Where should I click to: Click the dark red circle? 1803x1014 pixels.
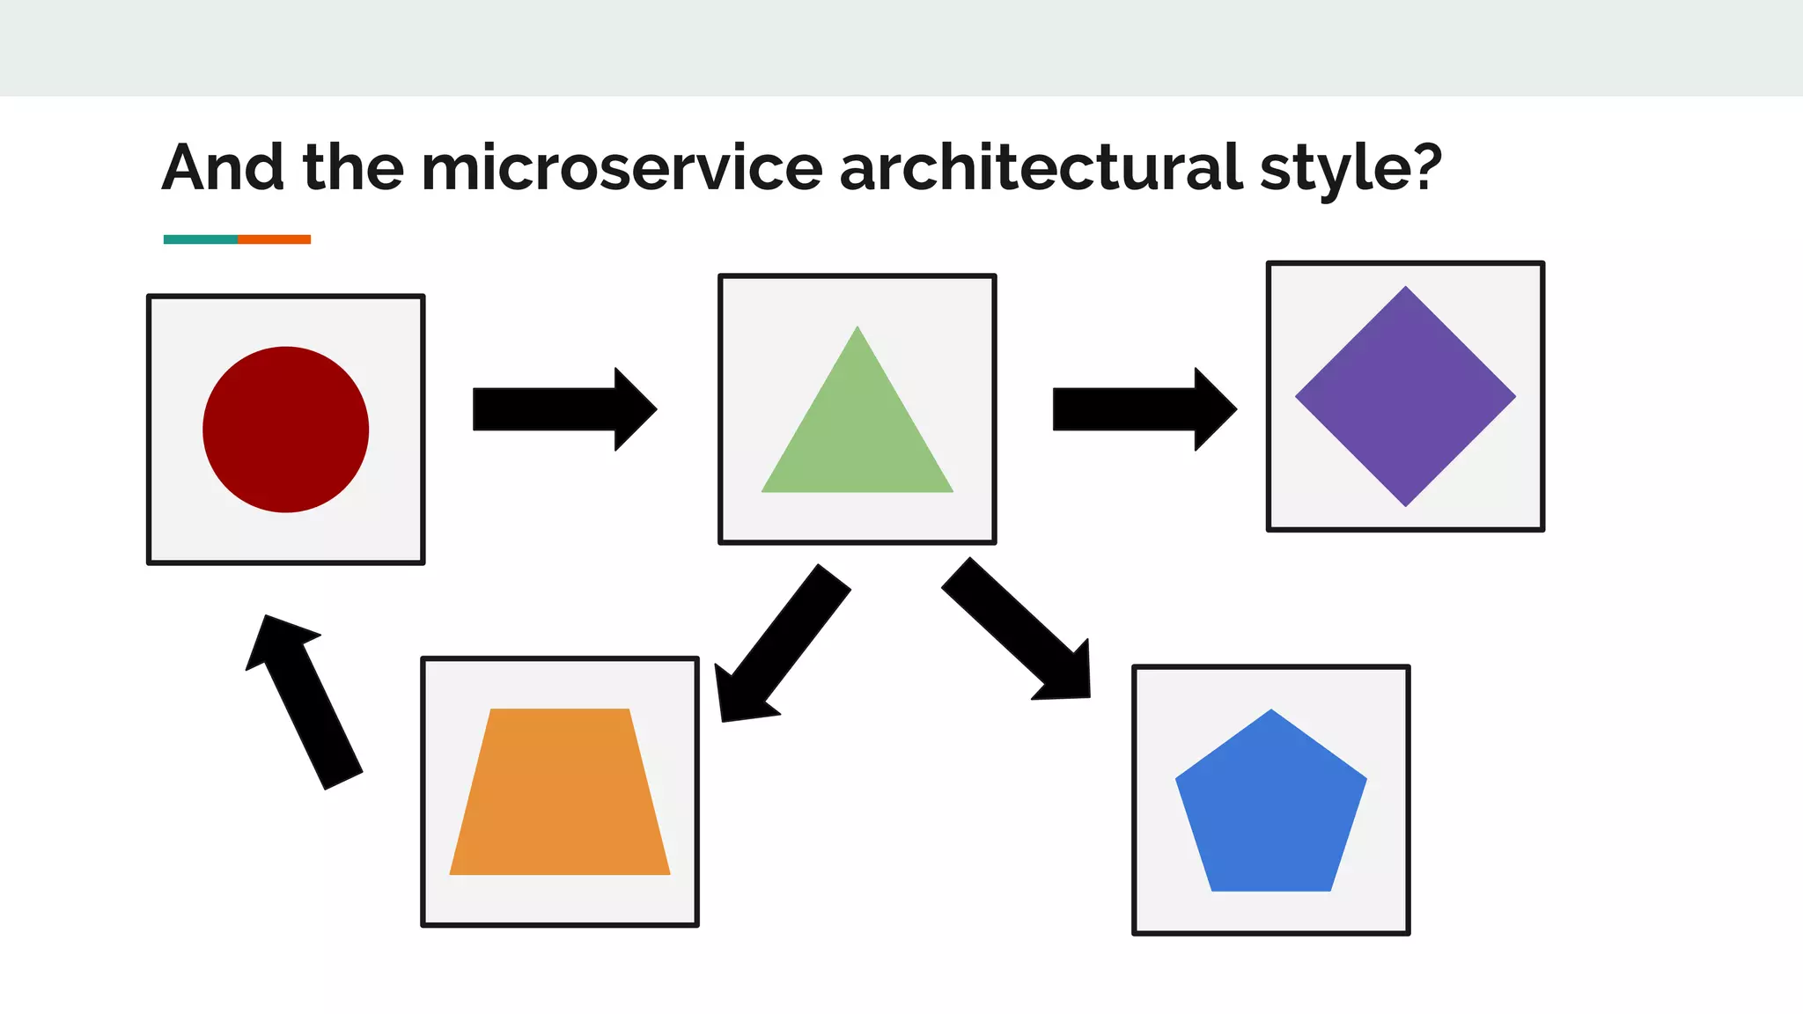click(x=285, y=430)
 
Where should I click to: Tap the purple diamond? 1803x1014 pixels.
click(x=1405, y=396)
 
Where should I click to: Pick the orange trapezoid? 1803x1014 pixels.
click(x=560, y=792)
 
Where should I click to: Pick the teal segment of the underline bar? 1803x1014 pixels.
click(x=201, y=239)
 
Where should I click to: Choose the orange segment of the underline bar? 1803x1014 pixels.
click(x=274, y=239)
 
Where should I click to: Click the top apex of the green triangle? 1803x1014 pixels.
click(x=857, y=331)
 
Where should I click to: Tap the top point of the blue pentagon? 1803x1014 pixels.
click(x=1270, y=713)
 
